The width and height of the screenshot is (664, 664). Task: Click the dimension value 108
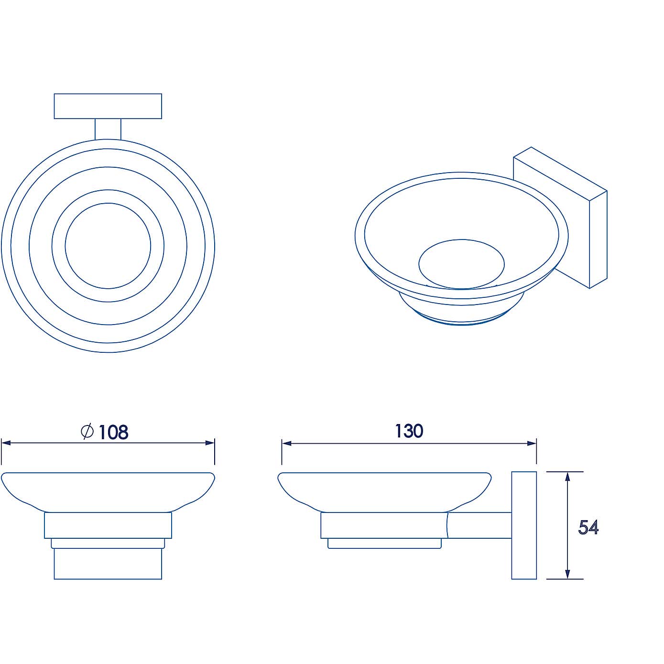[114, 432]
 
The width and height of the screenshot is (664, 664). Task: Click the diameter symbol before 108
[87, 431]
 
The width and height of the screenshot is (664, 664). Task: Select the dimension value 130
[409, 431]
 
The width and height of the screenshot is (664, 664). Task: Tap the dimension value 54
[588, 527]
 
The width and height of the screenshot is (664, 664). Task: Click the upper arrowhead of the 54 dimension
[567, 477]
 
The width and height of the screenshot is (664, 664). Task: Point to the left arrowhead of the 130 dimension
[286, 443]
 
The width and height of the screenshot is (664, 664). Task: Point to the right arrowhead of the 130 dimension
[532, 443]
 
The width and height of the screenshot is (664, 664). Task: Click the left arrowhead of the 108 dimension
[6, 443]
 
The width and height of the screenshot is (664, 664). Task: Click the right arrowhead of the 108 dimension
[210, 443]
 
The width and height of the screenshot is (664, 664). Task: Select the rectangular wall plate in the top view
[108, 106]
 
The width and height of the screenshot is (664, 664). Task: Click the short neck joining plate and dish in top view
[108, 129]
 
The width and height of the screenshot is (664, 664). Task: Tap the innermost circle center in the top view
[108, 246]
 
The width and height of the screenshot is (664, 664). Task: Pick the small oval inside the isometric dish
[461, 264]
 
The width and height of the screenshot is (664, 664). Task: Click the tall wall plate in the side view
[524, 525]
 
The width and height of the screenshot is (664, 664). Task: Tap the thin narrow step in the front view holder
[108, 543]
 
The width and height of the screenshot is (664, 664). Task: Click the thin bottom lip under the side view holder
[384, 543]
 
